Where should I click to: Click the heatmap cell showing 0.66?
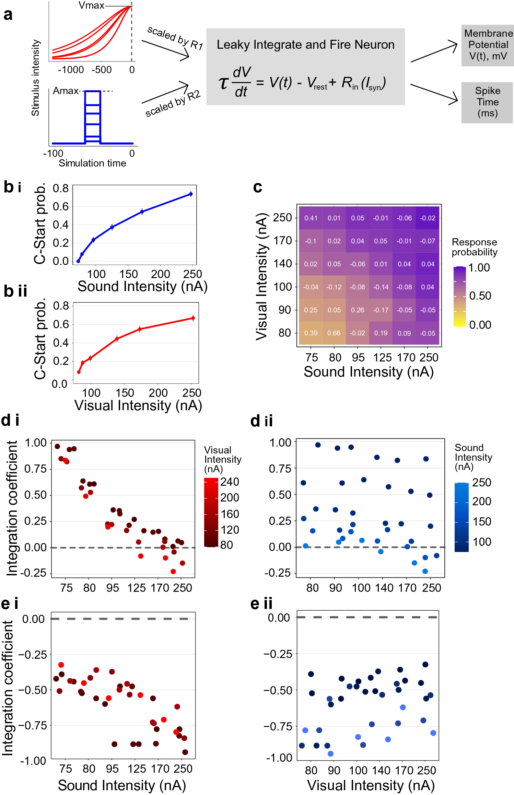point(334,333)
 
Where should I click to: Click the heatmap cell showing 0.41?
point(311,218)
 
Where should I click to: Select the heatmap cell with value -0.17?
point(381,310)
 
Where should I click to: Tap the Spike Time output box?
point(487,102)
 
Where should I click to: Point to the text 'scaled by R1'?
point(175,38)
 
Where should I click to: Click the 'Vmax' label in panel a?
point(91,5)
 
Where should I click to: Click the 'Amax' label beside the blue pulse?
point(66,91)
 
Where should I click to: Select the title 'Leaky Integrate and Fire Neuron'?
point(305,45)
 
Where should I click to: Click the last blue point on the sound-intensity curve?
point(191,194)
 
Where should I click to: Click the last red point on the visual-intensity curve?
point(193,318)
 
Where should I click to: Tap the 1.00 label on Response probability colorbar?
point(479,267)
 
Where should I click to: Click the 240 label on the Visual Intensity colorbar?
point(230,482)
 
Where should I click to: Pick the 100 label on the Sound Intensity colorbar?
point(482,542)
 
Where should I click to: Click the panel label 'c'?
point(257,187)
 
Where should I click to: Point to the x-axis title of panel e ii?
point(371,785)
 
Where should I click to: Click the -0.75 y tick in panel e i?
point(33,725)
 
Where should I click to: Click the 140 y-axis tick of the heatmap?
point(282,264)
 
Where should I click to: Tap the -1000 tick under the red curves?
point(71,70)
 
